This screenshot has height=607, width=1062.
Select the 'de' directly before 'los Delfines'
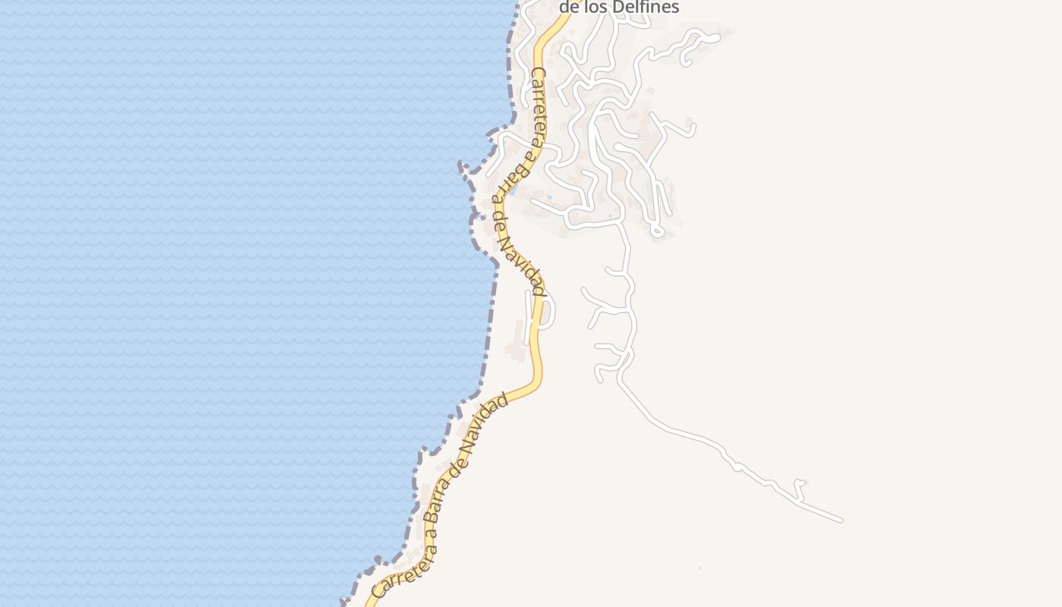(571, 8)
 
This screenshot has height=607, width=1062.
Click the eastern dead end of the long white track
(840, 520)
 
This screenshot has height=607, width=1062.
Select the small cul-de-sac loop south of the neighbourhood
(657, 230)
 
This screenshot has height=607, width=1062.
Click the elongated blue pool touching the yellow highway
(514, 190)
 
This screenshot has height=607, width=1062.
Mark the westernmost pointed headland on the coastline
(460, 165)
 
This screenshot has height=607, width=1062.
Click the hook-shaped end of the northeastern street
(687, 60)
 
